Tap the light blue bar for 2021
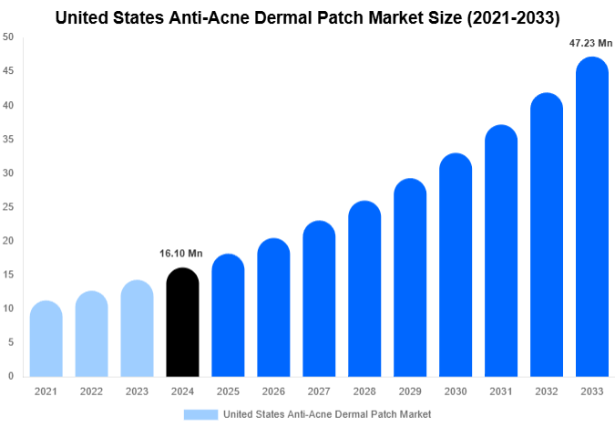(x=46, y=339)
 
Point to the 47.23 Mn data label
(x=591, y=43)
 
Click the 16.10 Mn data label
(x=182, y=254)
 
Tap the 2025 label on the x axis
(x=228, y=391)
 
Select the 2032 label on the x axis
(x=546, y=391)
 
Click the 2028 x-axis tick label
(x=364, y=391)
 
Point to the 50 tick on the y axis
(x=8, y=37)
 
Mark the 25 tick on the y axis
(x=8, y=207)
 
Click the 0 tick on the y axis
(x=11, y=376)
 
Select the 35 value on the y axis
(x=8, y=139)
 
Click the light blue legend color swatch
(x=200, y=414)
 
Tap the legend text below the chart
(x=327, y=414)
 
